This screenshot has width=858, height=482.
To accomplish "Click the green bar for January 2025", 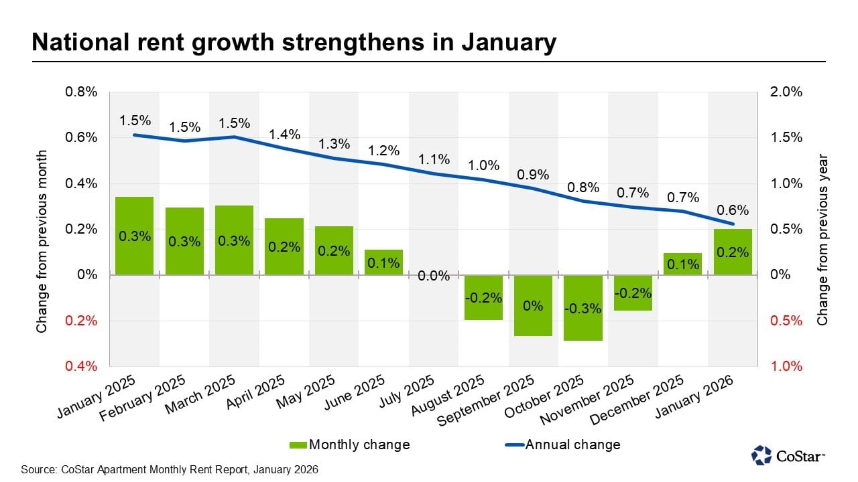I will coord(134,236).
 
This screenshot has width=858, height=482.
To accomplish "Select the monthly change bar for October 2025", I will coord(583,307).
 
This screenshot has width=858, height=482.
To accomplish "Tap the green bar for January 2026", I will coord(733,252).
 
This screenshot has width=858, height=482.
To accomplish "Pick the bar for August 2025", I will coord(483,297).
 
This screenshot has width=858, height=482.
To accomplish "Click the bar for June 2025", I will coord(383,262).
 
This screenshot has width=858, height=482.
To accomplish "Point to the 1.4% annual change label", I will coord(284,135).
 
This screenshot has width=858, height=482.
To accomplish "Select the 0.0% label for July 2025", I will coord(434,276).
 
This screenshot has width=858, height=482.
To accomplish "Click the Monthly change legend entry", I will coord(349,445).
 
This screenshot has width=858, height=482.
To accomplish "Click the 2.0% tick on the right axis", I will coord(787,92).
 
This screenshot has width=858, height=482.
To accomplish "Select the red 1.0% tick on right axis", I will coord(787,366).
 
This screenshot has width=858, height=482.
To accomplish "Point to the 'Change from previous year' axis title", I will coord(822,240).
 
